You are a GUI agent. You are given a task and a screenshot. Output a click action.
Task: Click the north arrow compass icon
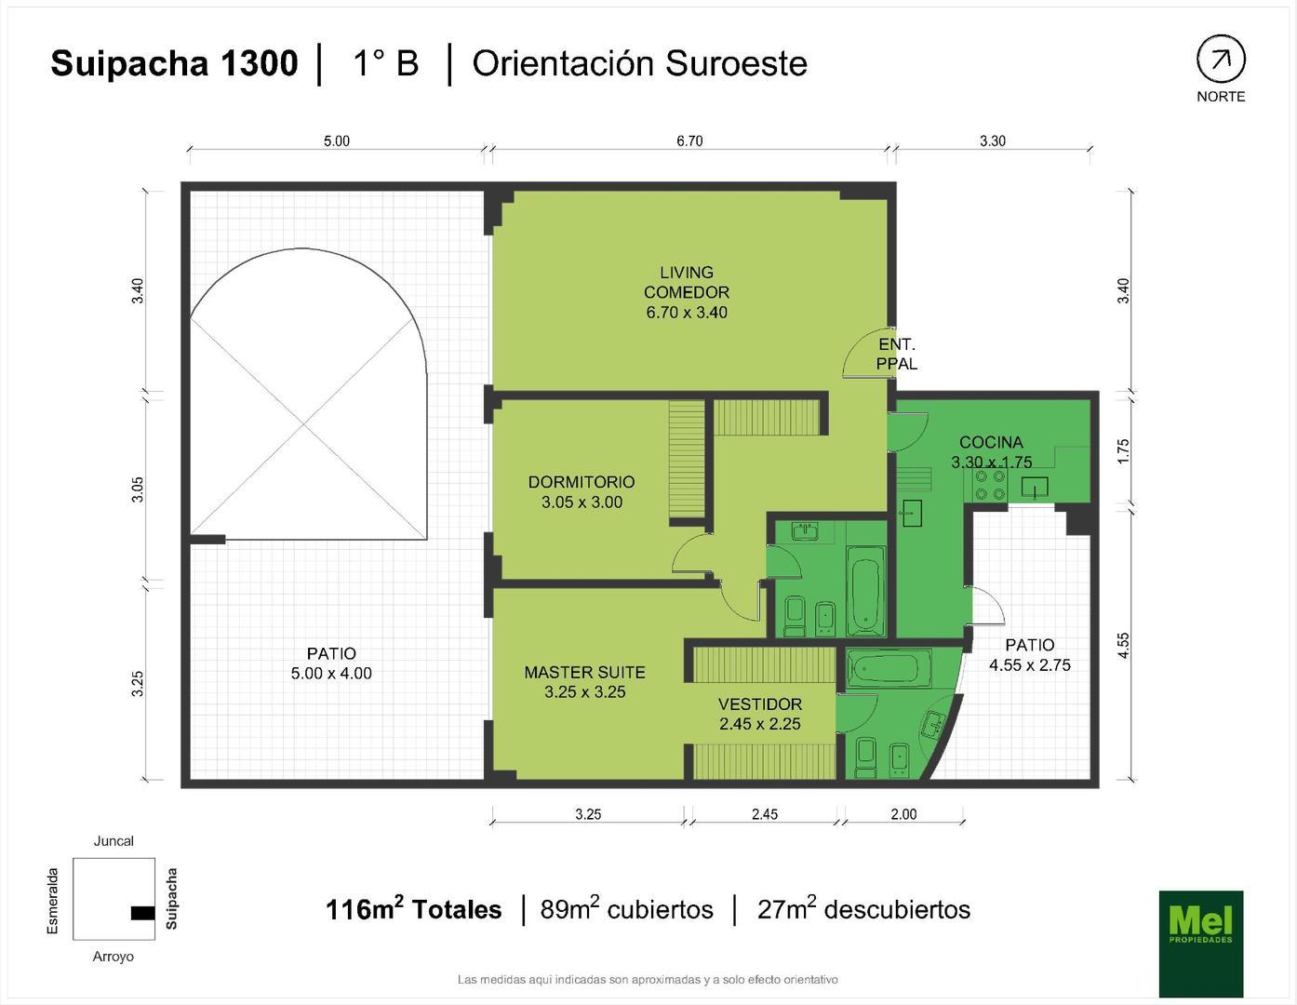tap(1220, 60)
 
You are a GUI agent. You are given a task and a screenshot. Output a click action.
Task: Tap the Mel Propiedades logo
tap(1200, 943)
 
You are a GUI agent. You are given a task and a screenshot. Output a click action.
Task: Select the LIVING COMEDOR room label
tap(687, 292)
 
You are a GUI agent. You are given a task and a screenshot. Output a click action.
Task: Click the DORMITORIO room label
tap(582, 491)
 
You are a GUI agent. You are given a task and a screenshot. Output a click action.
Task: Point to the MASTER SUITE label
tap(584, 681)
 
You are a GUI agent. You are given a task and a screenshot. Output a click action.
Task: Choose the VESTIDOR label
tap(759, 714)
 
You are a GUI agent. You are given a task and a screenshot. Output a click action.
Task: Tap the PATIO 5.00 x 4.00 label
tap(331, 663)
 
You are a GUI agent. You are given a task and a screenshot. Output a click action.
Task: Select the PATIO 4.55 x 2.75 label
tap(1029, 654)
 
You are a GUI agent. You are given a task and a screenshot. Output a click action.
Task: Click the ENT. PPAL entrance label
tap(897, 355)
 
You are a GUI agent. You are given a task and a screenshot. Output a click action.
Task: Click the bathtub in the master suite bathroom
tap(889, 667)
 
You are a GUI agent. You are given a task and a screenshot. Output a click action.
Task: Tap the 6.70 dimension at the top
tap(689, 141)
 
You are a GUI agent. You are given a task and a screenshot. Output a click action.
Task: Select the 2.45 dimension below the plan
tap(764, 814)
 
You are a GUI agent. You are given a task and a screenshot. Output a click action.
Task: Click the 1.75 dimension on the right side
tap(1123, 452)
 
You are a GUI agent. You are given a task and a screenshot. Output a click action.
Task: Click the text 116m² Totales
tap(413, 909)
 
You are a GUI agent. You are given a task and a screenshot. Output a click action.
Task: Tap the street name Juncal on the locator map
tap(114, 841)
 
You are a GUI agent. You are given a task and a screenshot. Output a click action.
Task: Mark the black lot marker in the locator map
tap(142, 913)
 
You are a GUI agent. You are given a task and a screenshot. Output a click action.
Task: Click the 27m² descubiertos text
tap(863, 909)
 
